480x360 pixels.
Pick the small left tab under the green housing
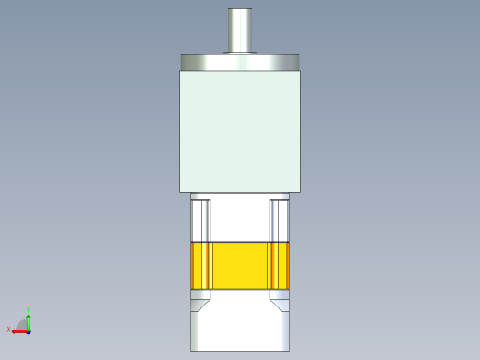[195, 197]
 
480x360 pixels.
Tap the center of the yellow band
[241, 267]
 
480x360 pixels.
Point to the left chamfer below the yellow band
[201, 300]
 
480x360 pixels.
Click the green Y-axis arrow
[29, 320]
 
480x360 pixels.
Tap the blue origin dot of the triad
[29, 330]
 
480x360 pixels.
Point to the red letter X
[9, 329]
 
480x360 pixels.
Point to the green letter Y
[29, 310]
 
